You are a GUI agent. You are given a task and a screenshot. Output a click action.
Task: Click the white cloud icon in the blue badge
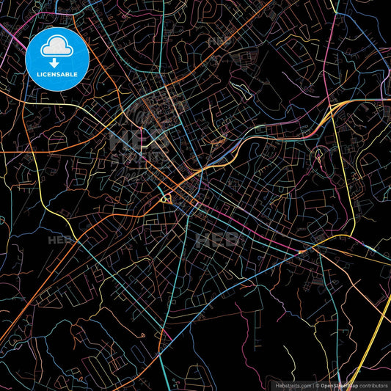[x=57, y=49]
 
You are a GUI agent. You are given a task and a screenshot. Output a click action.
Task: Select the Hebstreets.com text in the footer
[x=292, y=385]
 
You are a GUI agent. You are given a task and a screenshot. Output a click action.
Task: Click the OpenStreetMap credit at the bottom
[x=340, y=385]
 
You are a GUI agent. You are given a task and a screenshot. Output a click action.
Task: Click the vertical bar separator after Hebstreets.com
[x=313, y=385]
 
